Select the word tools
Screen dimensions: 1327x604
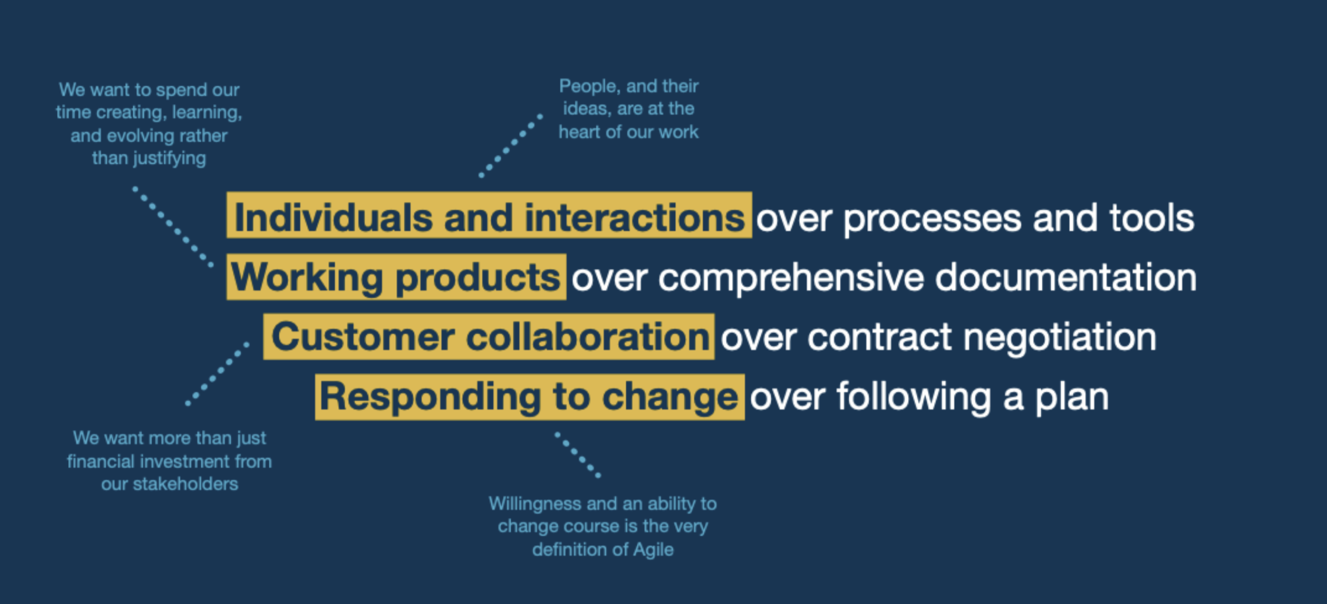tap(1152, 218)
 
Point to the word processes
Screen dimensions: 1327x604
tap(932, 221)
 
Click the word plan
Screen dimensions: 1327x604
tap(1071, 399)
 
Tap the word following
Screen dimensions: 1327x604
tap(914, 398)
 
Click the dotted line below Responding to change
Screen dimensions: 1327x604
tap(577, 455)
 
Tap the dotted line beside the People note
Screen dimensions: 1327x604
tap(510, 146)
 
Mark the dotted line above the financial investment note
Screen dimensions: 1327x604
tap(217, 374)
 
